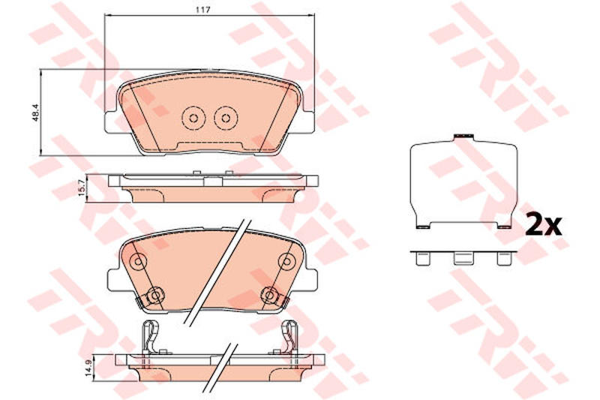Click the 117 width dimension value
tap(202, 10)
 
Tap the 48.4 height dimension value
tap(36, 113)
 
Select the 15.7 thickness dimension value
tap(81, 188)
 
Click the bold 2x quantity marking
tap(543, 225)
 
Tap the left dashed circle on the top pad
tap(193, 118)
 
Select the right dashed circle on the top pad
tap(226, 118)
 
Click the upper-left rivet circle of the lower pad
tap(138, 261)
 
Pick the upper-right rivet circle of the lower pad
tap(286, 261)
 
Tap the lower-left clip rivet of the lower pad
tap(155, 295)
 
